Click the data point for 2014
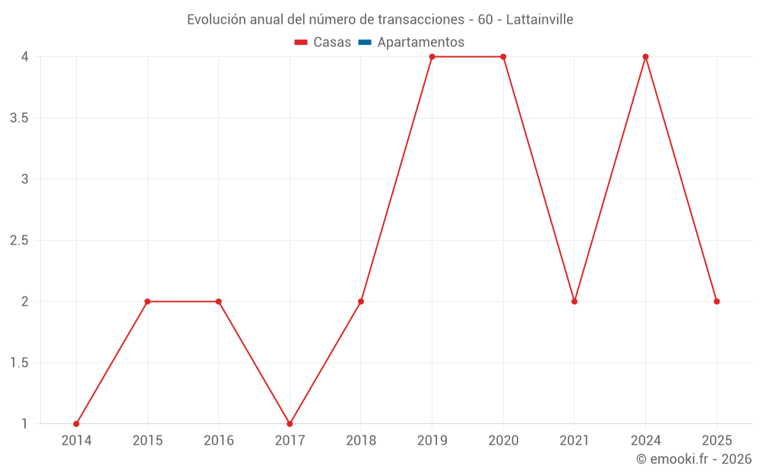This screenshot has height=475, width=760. [x=76, y=424]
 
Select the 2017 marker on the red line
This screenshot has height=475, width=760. [x=290, y=424]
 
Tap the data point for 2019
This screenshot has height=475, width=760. [x=432, y=57]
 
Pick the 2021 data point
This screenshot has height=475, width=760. [x=575, y=302]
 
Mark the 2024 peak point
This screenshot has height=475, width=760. [x=645, y=57]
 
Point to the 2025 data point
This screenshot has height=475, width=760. [x=717, y=302]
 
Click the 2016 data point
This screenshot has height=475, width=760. [x=219, y=302]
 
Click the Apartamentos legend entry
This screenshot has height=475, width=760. [x=420, y=43]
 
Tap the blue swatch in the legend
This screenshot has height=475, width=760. [x=365, y=43]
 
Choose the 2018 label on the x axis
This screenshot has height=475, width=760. [x=361, y=440]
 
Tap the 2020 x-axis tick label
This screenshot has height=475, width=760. [x=503, y=440]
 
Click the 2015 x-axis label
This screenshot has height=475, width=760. [x=147, y=440]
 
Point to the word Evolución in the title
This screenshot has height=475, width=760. [x=217, y=19]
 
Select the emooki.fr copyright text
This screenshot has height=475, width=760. [x=694, y=459]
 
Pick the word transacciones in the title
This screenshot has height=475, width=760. [x=420, y=19]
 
